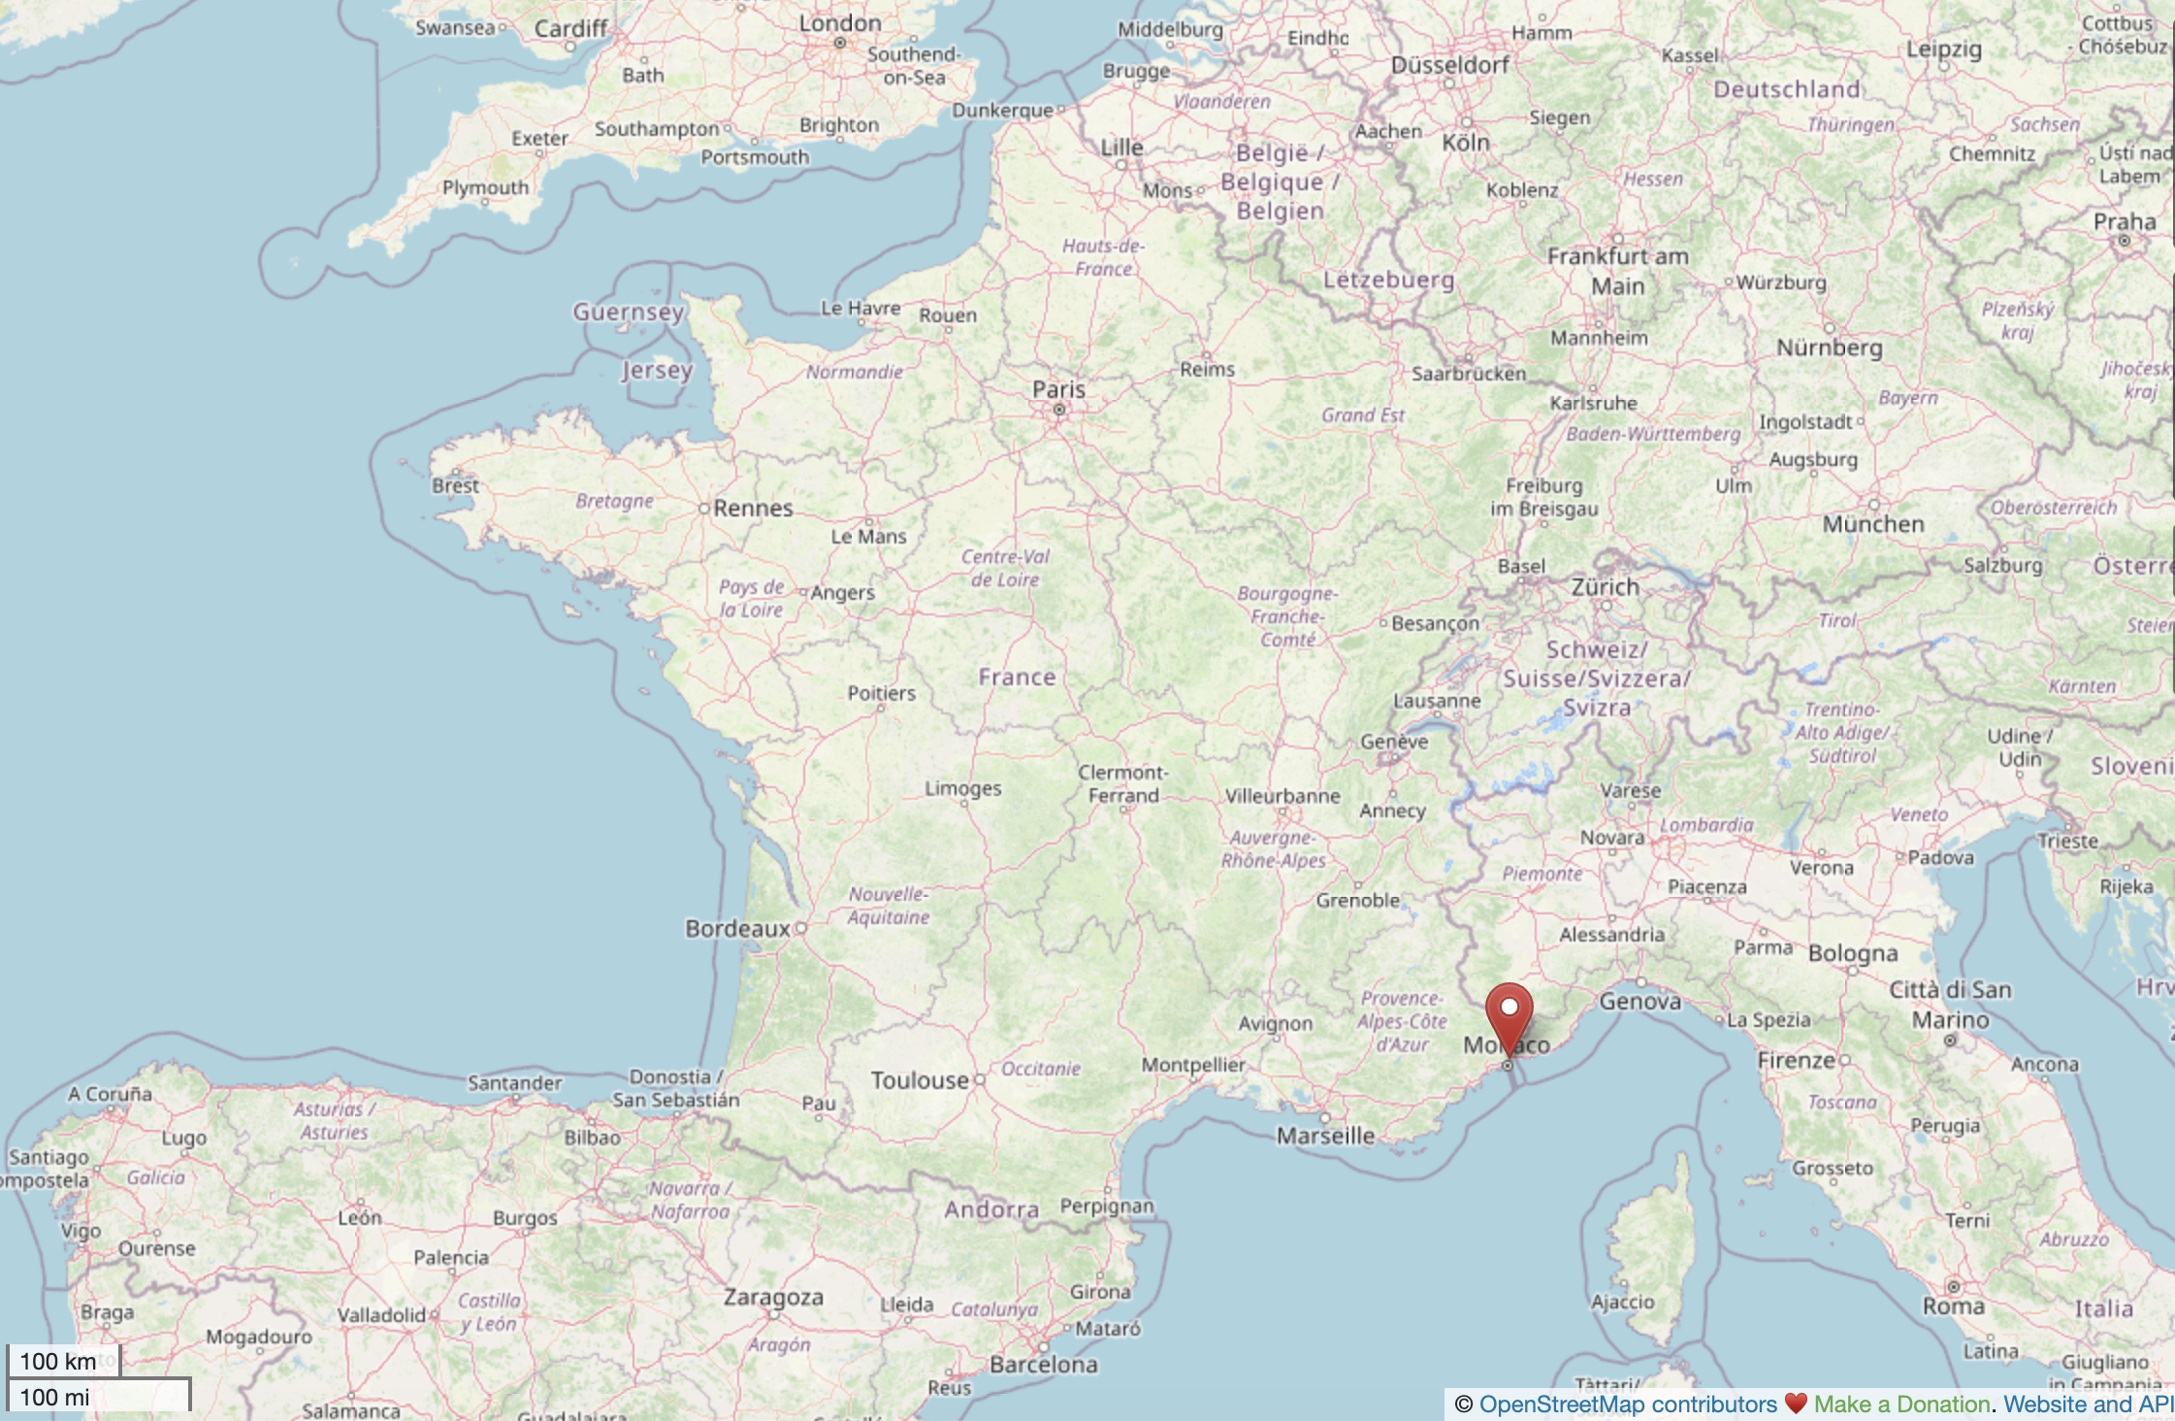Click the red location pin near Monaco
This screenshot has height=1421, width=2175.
coord(1509,1014)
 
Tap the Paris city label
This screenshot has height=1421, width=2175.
coord(1058,390)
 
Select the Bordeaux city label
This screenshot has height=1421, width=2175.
coord(738,929)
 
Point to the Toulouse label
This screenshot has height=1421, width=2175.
coord(920,1080)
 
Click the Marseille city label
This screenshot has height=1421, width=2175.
coord(1325,1136)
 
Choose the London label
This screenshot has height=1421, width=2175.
coord(840,23)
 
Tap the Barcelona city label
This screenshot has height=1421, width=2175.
coord(1044,1365)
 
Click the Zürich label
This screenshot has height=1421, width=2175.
coord(1606,587)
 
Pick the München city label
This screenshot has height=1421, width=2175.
coord(1873,524)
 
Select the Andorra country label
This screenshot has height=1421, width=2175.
coord(991,1209)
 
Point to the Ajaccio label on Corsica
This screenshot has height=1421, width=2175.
coord(1623,1302)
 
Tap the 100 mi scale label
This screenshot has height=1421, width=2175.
coord(55,1398)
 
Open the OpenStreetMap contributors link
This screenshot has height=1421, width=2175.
coord(1628,1404)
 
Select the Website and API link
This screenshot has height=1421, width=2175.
coord(2088,1404)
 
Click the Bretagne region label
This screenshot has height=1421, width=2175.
coord(614,501)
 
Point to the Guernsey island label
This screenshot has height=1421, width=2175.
coord(629,312)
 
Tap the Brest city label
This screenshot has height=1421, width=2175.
coord(456,485)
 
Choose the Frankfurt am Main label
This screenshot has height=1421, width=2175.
coord(1618,270)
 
